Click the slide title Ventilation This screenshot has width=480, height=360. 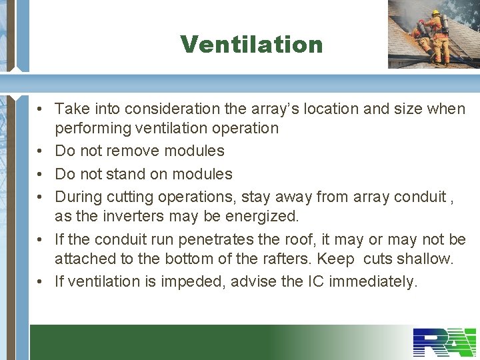point(251,45)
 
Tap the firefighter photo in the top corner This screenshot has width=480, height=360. point(433,33)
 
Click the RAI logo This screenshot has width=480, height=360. point(443,343)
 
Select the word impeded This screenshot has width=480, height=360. point(195,282)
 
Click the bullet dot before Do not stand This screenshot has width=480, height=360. point(41,175)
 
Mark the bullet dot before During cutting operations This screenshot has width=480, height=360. point(41,197)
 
